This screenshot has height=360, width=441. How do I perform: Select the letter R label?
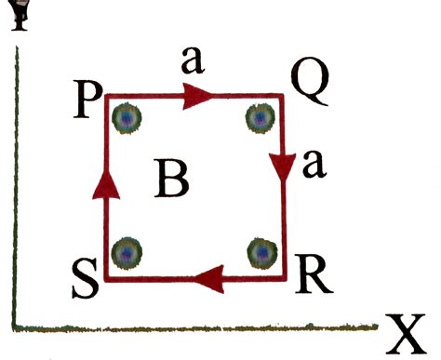pyautogui.click(x=308, y=269)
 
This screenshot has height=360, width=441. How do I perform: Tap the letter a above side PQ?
pyautogui.click(x=193, y=63)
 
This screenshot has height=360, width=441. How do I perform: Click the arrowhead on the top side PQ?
pyautogui.click(x=197, y=95)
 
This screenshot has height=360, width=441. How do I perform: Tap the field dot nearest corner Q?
pyautogui.click(x=259, y=118)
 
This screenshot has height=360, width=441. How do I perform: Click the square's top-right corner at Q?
pyautogui.click(x=282, y=95)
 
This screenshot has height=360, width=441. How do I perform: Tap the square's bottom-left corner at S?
pyautogui.click(x=106, y=276)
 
